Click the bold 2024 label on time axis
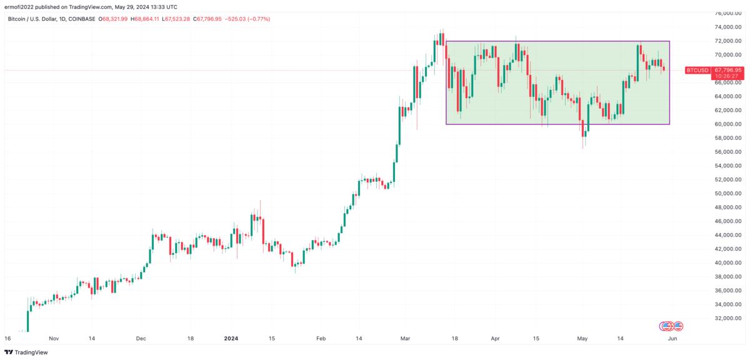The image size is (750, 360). pyautogui.click(x=231, y=338)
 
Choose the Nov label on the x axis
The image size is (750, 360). pyautogui.click(x=53, y=338)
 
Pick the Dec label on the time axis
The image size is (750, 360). pyautogui.click(x=141, y=338)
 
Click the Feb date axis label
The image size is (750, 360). pyautogui.click(x=321, y=338)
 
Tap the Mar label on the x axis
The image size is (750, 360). pyautogui.click(x=405, y=338)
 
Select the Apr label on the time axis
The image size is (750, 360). pyautogui.click(x=496, y=338)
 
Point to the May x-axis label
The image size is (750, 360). pyautogui.click(x=582, y=338)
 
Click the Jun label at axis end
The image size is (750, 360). pyautogui.click(x=672, y=338)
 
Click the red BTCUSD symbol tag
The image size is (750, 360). pyautogui.click(x=697, y=71)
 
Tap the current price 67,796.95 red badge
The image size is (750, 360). pyautogui.click(x=729, y=70)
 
